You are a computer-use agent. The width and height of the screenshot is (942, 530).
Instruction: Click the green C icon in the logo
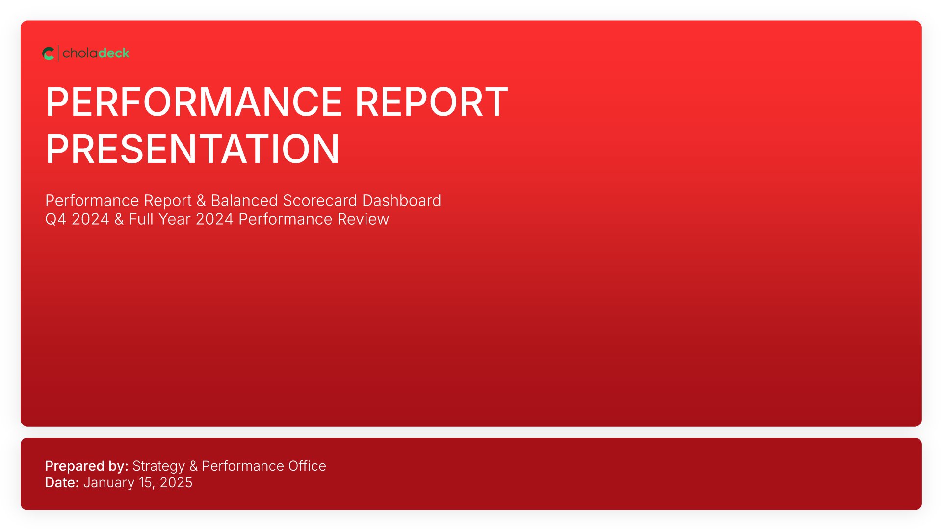(x=48, y=53)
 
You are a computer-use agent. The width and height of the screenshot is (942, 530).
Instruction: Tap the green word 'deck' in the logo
(x=114, y=53)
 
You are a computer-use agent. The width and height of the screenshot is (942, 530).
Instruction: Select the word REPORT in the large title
(x=431, y=102)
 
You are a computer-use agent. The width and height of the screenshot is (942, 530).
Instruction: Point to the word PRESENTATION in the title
(x=192, y=149)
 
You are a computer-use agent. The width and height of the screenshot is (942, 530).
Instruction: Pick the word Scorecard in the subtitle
(x=320, y=201)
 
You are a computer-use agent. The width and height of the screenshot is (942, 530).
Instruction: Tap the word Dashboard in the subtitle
(x=401, y=201)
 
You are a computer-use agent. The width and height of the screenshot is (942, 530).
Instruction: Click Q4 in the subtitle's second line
(x=55, y=219)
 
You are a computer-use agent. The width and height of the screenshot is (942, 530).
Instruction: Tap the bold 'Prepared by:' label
(x=87, y=466)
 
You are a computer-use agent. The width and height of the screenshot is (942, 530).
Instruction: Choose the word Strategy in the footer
(x=159, y=466)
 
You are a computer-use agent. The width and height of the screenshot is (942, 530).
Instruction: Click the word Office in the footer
(x=307, y=466)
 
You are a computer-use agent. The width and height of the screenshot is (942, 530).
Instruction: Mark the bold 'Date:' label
(x=62, y=482)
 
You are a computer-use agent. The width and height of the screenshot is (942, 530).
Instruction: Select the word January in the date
(x=109, y=483)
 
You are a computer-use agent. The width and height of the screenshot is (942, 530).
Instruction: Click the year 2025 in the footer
(x=176, y=482)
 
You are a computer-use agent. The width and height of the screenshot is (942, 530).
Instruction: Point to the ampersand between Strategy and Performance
(x=194, y=466)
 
